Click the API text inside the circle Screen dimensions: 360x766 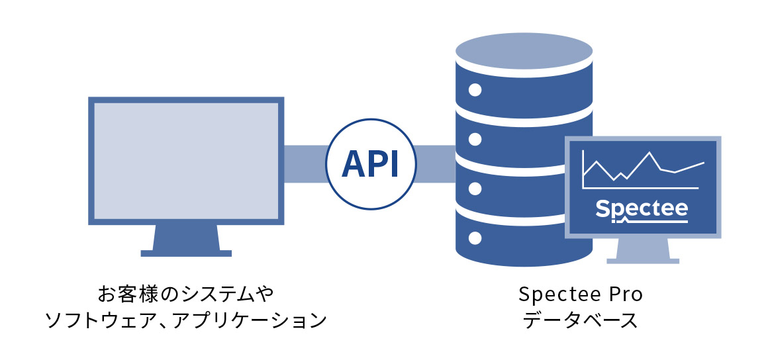pyautogui.click(x=370, y=163)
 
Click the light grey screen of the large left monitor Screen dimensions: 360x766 pyautogui.click(x=186, y=161)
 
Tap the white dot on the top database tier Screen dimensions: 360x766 pyautogui.click(x=474, y=89)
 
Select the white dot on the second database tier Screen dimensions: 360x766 pyautogui.click(x=474, y=139)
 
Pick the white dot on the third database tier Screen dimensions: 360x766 pyautogui.click(x=474, y=188)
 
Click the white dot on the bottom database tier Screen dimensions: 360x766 pyautogui.click(x=474, y=237)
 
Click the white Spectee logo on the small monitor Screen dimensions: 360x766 pyautogui.click(x=642, y=208)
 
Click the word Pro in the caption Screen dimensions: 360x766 pyautogui.click(x=625, y=292)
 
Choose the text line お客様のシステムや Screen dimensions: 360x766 pyautogui.click(x=186, y=292)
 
